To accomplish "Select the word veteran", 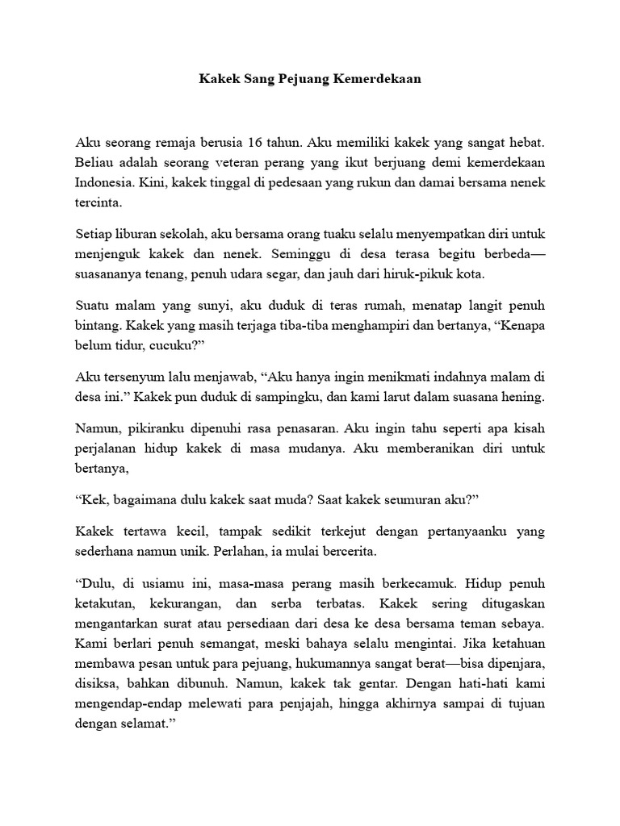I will point(224,161).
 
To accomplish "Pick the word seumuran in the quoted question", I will point(406,500).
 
